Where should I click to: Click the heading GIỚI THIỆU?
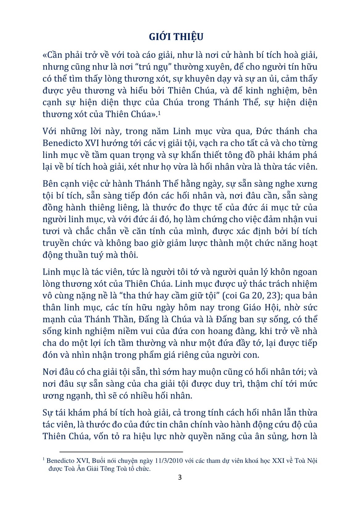coord(176,37)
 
